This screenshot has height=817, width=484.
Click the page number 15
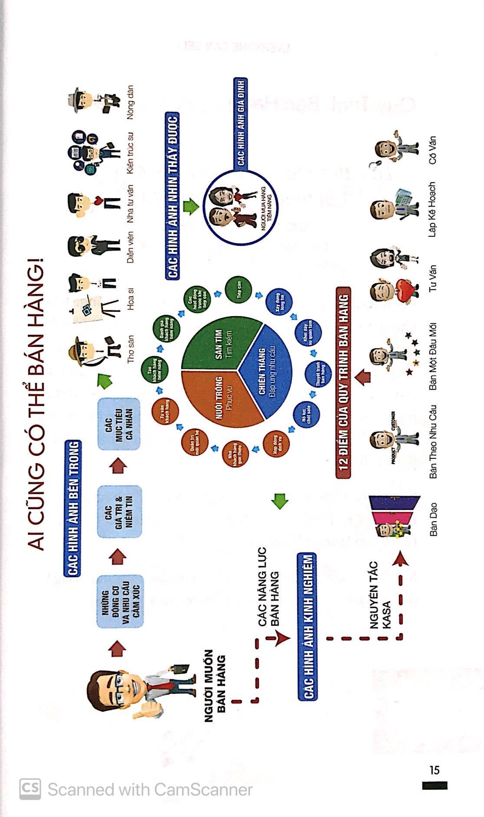point(434,770)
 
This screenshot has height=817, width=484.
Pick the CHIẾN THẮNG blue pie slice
point(265,373)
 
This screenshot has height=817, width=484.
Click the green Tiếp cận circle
point(239,291)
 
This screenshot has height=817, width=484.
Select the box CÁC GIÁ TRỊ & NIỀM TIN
point(119,512)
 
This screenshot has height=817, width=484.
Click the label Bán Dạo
point(433,519)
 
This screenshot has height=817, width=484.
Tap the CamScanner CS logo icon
point(30,789)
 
